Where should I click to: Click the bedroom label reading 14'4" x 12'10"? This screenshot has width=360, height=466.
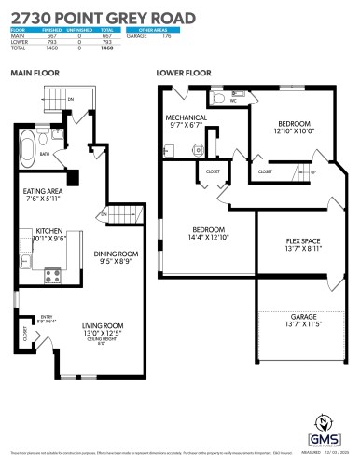click(209, 233)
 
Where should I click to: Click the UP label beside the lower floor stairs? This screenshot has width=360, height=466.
click(312, 173)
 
